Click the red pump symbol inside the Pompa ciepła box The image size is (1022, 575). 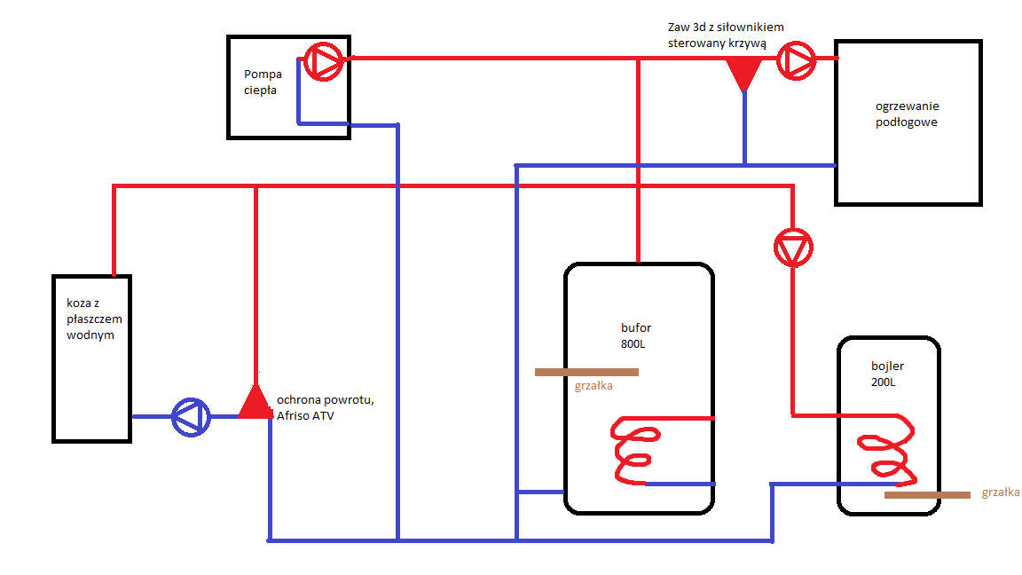pos(322,62)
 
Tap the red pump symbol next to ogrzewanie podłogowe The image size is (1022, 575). pos(796,61)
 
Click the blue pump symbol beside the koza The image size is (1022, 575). pos(191,416)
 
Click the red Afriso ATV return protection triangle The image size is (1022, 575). pos(255,404)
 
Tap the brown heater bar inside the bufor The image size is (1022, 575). pos(586,373)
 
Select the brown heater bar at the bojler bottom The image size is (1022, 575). pos(927,495)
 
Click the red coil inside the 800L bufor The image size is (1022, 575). pos(636,451)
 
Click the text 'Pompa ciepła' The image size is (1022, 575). pos(263,83)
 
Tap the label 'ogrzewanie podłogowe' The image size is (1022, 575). pos(907,114)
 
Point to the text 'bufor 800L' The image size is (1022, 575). pos(636,335)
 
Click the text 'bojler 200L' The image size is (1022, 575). pos(887,374)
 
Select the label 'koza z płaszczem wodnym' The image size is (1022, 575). pos(90,319)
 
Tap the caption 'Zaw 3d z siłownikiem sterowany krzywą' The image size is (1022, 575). pos(726,35)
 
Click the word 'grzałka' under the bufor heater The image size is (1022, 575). pos(594,386)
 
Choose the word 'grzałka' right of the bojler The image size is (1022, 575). pos(1001,492)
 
